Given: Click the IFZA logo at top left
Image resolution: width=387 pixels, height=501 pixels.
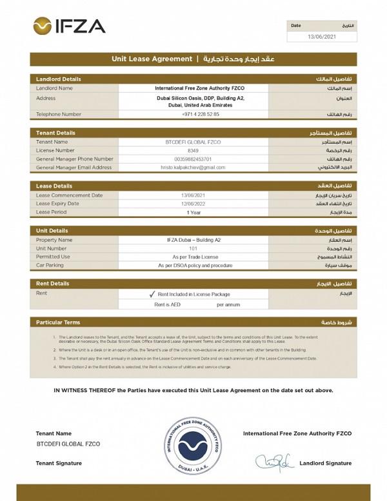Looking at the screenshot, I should pyautogui.click(x=68, y=26).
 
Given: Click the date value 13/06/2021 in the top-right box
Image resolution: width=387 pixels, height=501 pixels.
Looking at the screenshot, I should pyautogui.click(x=322, y=37).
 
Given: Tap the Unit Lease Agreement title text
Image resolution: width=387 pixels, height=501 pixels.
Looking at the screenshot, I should pyautogui.click(x=152, y=59).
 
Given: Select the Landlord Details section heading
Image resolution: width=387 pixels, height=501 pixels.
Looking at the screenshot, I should pyautogui.click(x=59, y=79).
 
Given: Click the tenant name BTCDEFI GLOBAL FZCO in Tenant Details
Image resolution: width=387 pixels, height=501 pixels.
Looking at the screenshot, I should pyautogui.click(x=193, y=142).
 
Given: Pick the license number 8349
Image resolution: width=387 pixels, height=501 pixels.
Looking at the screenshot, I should pyautogui.click(x=193, y=150).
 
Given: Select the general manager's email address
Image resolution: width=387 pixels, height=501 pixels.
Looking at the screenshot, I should pyautogui.click(x=193, y=167).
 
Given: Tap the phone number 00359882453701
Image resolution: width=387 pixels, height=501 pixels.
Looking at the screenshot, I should pyautogui.click(x=193, y=159).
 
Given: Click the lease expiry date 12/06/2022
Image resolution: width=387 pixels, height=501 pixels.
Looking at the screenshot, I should pyautogui.click(x=193, y=203).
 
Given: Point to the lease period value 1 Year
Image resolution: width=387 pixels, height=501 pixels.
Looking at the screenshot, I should pyautogui.click(x=193, y=212).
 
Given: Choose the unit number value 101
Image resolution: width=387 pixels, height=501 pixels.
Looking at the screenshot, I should pyautogui.click(x=193, y=248).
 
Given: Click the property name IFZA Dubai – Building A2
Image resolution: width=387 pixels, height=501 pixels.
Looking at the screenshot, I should pyautogui.click(x=193, y=240).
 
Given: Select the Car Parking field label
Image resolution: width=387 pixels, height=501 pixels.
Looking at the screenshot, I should pyautogui.click(x=50, y=265).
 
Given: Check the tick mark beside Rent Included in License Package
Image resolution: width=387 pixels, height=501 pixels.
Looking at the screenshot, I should pyautogui.click(x=152, y=294).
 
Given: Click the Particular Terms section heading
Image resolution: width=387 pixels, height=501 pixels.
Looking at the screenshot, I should pyautogui.click(x=58, y=322).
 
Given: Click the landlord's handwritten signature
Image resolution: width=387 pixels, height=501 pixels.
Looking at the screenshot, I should pyautogui.click(x=274, y=462).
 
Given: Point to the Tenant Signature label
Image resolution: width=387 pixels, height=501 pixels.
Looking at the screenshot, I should pyautogui.click(x=59, y=463).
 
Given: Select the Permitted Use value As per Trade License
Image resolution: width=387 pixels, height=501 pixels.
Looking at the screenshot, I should pyautogui.click(x=193, y=257).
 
